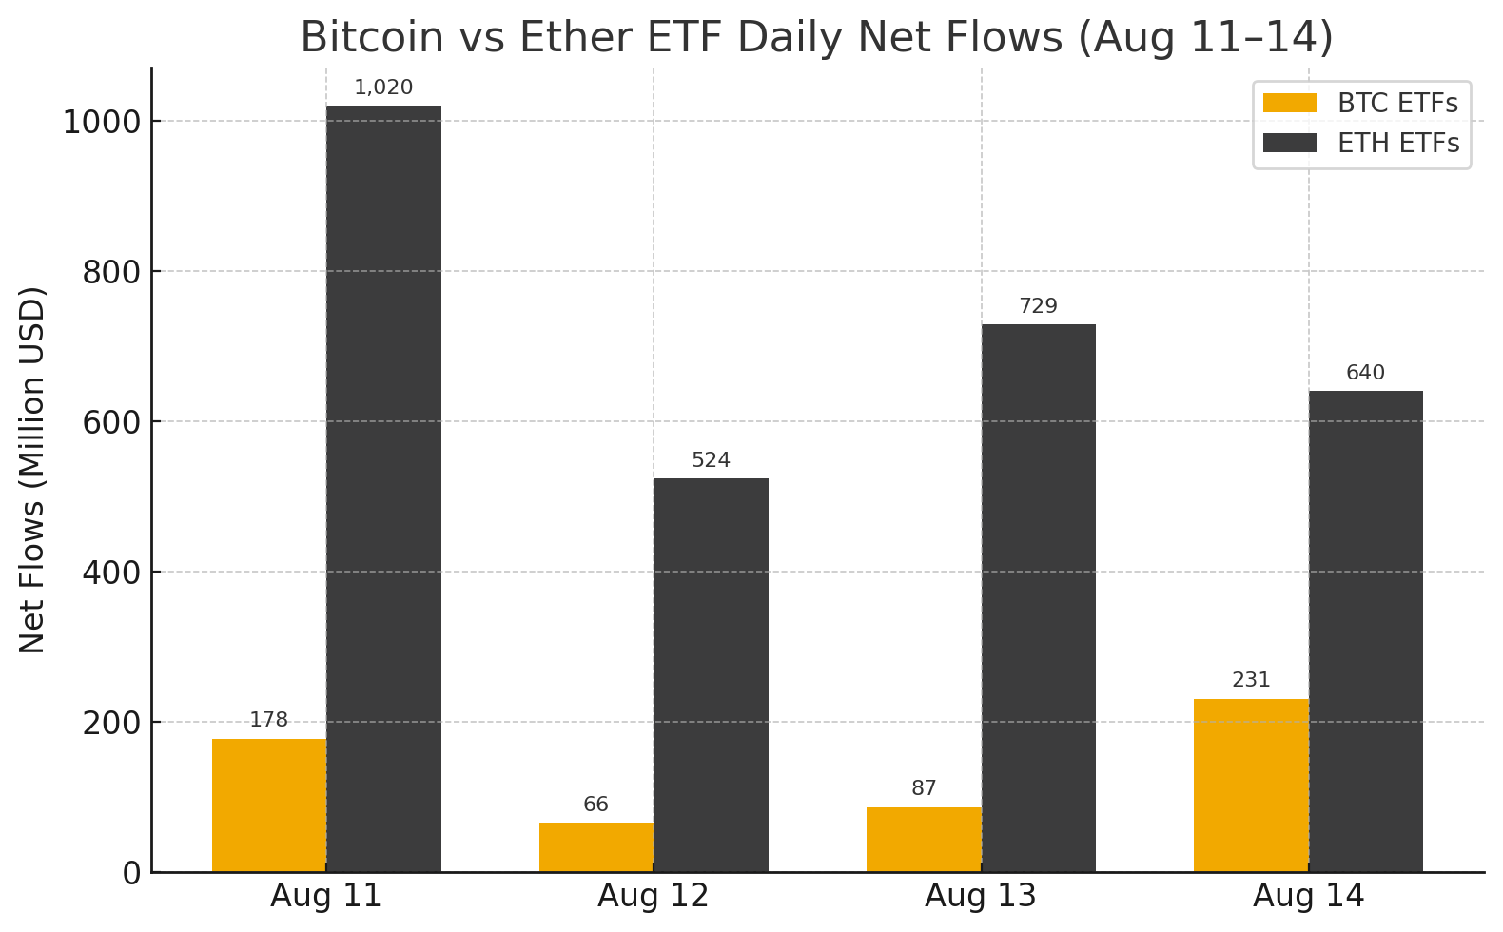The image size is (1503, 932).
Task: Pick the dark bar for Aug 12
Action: pos(711,674)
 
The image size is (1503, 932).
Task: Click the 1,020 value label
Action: pos(383,88)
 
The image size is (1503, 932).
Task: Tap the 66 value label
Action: pos(596,805)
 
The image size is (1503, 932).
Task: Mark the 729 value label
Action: pos(1038,306)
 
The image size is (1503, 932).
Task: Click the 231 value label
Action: pos(1251,680)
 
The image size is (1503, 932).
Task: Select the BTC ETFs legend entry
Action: pos(1361,103)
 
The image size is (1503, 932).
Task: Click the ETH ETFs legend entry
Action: pos(1361,143)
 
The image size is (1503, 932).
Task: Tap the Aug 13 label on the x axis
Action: pos(981,896)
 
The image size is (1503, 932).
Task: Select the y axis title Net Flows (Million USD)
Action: pos(32,469)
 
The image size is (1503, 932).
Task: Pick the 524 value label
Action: pos(711,460)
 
